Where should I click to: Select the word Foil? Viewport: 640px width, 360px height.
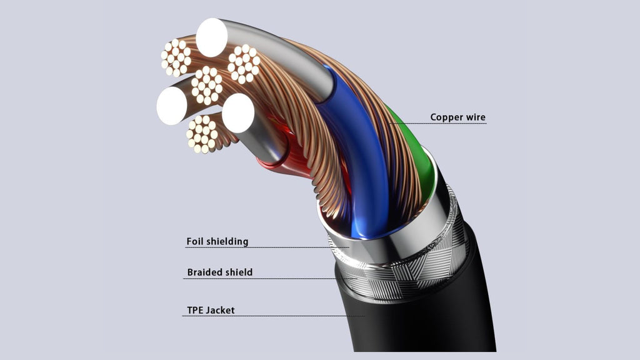pyautogui.click(x=194, y=241)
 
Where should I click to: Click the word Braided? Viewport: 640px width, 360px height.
pyautogui.click(x=204, y=272)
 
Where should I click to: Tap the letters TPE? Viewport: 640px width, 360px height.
pyautogui.click(x=195, y=310)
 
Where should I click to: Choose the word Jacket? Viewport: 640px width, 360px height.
pyautogui.click(x=221, y=310)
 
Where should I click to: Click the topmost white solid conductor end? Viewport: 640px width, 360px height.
pyautogui.click(x=211, y=37)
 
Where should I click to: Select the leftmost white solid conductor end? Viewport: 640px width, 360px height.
pyautogui.click(x=172, y=106)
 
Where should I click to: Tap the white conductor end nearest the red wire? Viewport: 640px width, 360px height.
pyautogui.click(x=238, y=113)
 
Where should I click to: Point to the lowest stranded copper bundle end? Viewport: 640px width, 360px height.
pyautogui.click(x=202, y=134)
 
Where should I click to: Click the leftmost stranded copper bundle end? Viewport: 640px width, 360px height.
pyautogui.click(x=176, y=58)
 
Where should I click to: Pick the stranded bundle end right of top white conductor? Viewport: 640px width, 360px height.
pyautogui.click(x=244, y=64)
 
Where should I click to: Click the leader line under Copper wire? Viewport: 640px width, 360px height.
pyautogui.click(x=437, y=123)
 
